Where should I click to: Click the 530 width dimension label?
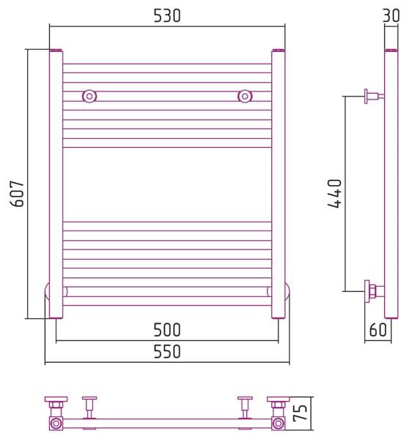167,16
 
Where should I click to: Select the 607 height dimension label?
18,193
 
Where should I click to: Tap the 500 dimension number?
167,330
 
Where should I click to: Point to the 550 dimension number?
167,351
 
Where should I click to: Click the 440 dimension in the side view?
334,193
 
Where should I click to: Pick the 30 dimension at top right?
391,15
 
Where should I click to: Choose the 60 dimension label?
378,330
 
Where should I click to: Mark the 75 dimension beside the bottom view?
300,413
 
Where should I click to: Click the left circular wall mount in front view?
89,97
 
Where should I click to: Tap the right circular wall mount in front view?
245,97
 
